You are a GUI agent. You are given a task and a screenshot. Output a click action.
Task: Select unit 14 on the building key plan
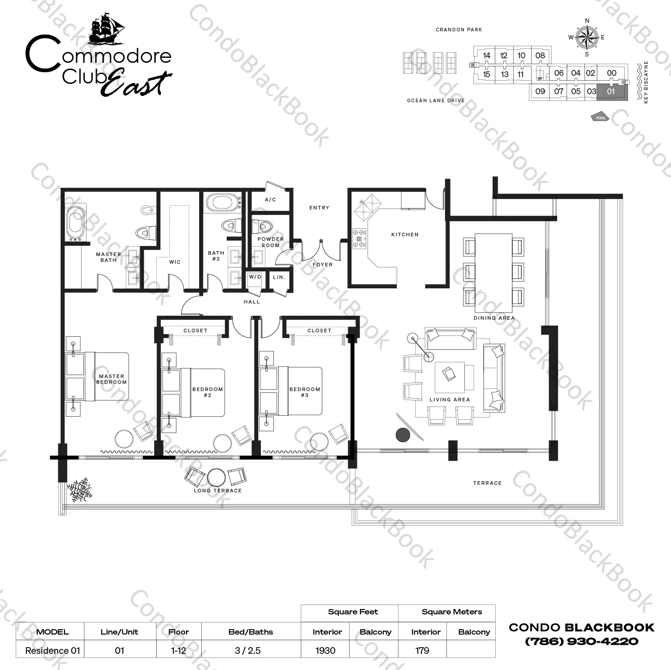tap(487, 56)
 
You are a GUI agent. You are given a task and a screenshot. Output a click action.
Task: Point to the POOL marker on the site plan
tap(601, 117)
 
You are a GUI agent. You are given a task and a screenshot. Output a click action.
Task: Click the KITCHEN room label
tap(405, 235)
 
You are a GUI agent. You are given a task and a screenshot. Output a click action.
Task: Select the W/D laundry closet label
tap(255, 277)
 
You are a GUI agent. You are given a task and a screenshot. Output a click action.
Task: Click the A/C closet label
tap(270, 200)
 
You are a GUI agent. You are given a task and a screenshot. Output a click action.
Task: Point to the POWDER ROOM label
tap(271, 242)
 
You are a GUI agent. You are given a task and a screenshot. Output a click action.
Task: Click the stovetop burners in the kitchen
tap(359, 238)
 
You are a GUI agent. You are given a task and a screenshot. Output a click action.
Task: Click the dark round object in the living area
tap(403, 435)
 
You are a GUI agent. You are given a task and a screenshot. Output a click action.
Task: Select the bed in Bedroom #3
tap(291, 391)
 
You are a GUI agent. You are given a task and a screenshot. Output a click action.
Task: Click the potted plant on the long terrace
tap(79, 490)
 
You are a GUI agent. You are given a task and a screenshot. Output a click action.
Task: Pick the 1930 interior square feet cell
tap(325, 650)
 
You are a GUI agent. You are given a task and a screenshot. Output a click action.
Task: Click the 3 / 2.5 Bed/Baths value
tap(247, 650)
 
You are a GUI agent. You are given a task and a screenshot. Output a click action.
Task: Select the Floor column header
tap(178, 632)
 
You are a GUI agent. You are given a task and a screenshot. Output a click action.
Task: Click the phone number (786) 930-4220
tap(582, 641)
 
